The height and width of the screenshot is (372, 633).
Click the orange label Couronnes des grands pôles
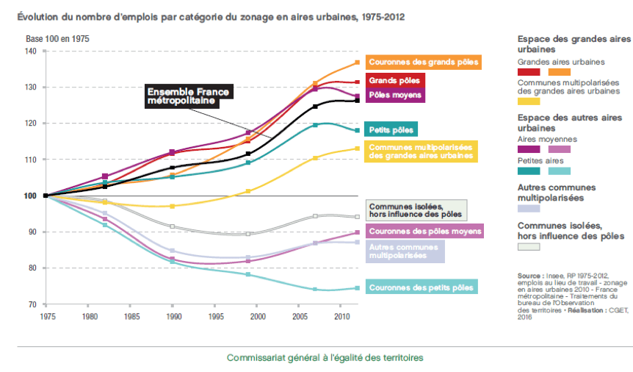point(424,62)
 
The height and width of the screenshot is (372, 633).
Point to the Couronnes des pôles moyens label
point(425,232)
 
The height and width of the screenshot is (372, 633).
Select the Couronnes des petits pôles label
point(420,287)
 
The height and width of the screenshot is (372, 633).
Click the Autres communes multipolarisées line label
point(405,251)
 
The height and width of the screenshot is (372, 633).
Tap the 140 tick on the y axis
point(29,51)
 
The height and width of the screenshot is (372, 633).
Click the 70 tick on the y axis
point(32,304)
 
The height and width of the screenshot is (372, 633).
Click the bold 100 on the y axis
point(29,196)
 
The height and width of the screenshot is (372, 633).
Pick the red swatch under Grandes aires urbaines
point(529,72)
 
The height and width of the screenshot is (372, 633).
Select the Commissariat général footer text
point(325,357)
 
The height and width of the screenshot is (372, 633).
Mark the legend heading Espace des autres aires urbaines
point(569,122)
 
